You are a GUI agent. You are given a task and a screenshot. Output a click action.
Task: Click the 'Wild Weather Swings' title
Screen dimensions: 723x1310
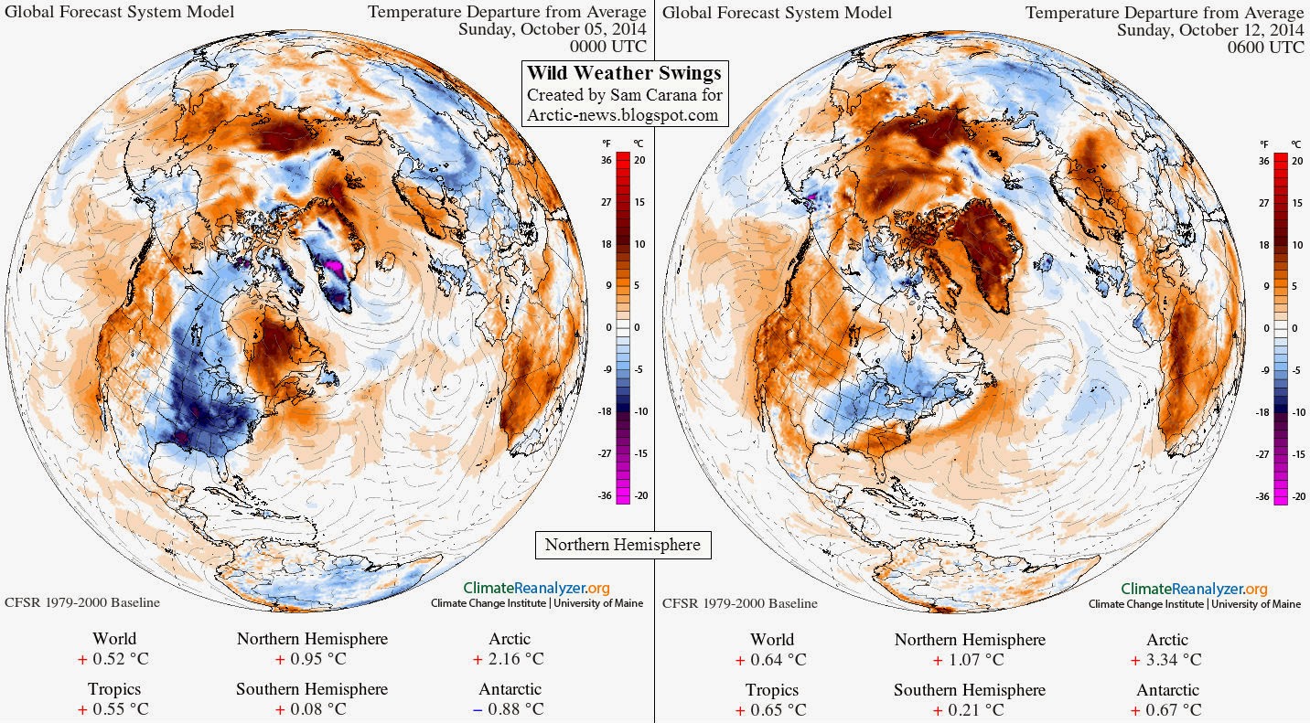coord(623,73)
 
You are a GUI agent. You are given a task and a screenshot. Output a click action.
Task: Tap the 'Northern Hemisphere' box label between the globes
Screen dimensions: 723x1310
coord(623,545)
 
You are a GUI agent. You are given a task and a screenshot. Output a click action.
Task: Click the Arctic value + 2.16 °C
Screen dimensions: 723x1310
coord(509,659)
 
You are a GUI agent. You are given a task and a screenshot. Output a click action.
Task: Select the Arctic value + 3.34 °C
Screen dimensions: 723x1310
coord(1166,659)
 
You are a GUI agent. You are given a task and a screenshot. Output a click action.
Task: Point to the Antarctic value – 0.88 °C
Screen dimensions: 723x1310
coord(509,709)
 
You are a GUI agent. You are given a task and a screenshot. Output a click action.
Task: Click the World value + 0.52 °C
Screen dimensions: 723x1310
coord(114,659)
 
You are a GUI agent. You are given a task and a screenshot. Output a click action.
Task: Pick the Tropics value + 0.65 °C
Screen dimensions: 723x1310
coord(771,709)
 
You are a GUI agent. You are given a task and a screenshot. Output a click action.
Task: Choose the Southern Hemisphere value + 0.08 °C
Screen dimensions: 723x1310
coord(311,709)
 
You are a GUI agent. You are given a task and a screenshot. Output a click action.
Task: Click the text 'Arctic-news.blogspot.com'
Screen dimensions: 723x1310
coord(623,115)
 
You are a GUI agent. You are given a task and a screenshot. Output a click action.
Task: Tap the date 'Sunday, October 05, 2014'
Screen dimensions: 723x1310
coord(552,29)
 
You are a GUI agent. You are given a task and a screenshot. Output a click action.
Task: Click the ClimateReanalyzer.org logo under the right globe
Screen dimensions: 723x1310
coord(1194,589)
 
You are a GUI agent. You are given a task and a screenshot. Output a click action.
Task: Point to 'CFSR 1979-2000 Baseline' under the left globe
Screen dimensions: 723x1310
coord(82,603)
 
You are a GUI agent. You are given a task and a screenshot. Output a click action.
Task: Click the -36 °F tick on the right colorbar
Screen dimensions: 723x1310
coord(1263,496)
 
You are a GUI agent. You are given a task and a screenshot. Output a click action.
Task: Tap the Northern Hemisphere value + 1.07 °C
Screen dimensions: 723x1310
coord(970,659)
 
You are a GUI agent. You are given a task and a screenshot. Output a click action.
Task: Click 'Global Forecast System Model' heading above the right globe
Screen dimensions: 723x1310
coord(777,12)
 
